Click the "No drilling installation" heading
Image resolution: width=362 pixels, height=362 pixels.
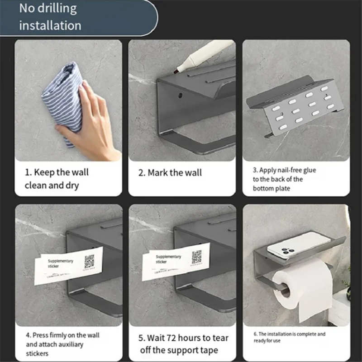click(50, 17)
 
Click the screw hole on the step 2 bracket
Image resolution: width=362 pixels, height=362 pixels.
click(181, 96)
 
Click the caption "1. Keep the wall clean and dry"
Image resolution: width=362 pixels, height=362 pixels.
click(57, 179)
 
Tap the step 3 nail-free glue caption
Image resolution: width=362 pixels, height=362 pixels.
click(284, 179)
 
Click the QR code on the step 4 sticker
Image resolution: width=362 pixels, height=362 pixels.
click(89, 261)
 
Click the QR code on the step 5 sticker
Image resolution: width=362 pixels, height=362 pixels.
click(197, 257)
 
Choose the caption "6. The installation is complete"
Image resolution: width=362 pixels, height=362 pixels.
click(290, 337)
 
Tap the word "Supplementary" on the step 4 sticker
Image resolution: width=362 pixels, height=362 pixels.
click(61, 262)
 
